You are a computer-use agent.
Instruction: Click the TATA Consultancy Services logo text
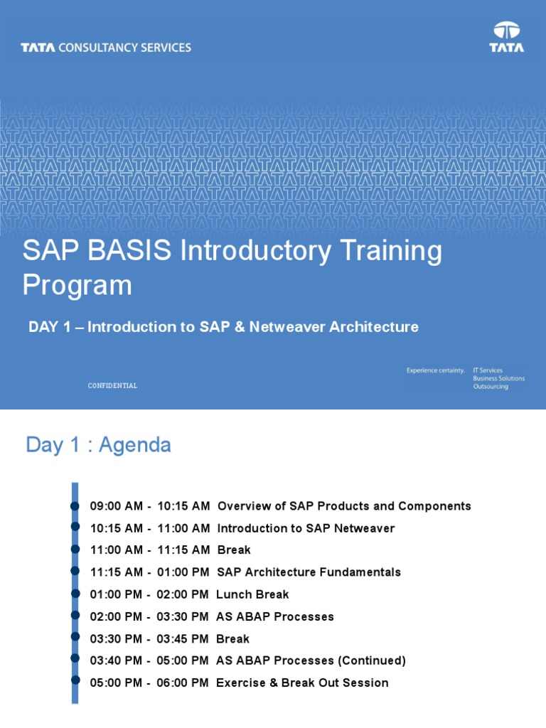point(106,48)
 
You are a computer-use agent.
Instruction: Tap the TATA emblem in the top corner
point(506,37)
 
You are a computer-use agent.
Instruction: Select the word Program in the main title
point(77,286)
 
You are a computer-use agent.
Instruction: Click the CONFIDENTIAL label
point(112,385)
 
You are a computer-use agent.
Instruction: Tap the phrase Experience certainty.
point(435,370)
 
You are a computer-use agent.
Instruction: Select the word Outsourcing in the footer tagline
point(491,387)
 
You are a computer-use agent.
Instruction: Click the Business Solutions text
point(498,378)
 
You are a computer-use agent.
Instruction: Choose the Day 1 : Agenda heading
point(98,445)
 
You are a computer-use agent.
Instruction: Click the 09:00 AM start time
point(117,506)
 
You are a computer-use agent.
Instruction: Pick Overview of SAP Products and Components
point(344,506)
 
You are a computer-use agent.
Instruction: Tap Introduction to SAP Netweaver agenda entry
point(306,528)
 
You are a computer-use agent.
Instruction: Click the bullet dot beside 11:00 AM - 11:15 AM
point(75,549)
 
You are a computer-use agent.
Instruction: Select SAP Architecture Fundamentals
point(309,572)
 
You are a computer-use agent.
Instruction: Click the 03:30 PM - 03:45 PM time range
point(149,638)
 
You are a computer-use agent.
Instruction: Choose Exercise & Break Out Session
point(302,682)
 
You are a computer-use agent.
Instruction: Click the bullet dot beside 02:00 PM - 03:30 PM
point(75,615)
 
